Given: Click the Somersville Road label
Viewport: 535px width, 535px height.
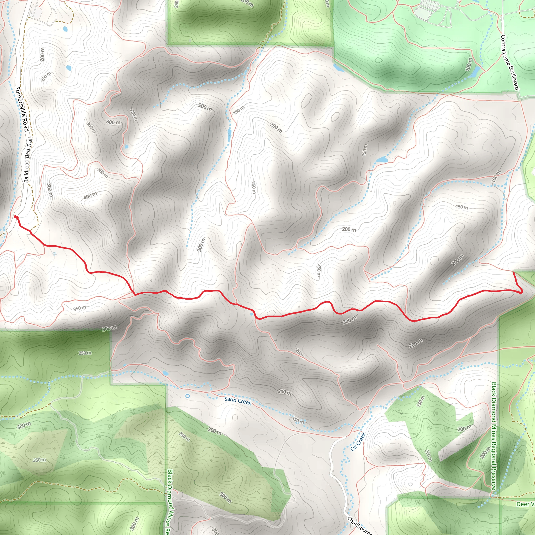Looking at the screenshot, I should [22, 109].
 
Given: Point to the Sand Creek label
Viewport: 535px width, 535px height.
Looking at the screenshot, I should [238, 401].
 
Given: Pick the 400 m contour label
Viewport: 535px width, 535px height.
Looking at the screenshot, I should [91, 195].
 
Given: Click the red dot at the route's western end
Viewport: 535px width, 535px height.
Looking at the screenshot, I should [15, 217].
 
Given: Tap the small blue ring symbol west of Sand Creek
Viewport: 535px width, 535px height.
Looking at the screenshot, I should [188, 396].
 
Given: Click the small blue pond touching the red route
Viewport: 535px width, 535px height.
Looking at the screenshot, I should [252, 314].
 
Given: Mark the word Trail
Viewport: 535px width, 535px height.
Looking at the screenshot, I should [30, 143].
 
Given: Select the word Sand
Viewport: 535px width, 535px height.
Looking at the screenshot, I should [230, 399].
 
